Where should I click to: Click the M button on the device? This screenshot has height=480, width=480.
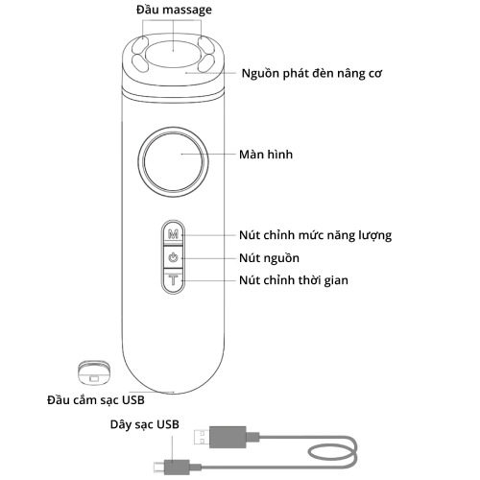click(x=173, y=234)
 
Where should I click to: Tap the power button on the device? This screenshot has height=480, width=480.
click(x=173, y=257)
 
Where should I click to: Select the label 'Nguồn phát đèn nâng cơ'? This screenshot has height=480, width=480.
click(x=316, y=74)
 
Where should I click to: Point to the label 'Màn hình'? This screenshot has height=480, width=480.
click(x=266, y=154)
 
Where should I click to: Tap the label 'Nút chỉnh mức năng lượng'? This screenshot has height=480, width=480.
click(x=314, y=234)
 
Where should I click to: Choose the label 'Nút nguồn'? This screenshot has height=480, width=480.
click(x=269, y=258)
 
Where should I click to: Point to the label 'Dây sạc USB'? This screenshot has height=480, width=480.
click(x=145, y=423)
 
